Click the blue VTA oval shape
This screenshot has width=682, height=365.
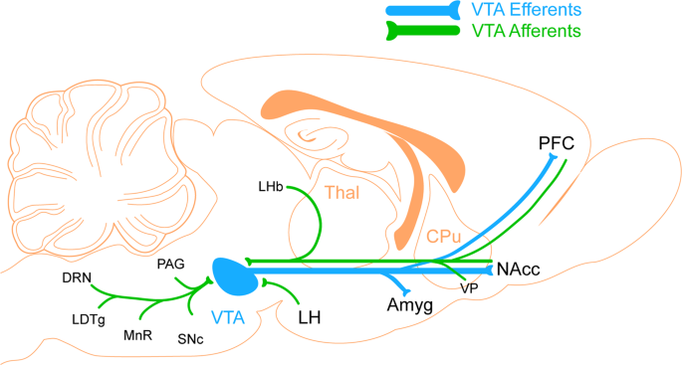point(236,276)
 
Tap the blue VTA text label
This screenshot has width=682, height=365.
point(228,318)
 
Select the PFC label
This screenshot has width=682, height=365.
point(557,143)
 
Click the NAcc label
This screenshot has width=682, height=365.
point(518,270)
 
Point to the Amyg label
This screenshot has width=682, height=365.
point(410,306)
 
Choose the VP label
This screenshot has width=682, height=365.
point(469,288)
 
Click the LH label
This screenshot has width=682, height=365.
point(310,318)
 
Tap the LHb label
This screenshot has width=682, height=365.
point(271,187)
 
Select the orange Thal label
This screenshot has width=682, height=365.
point(342,193)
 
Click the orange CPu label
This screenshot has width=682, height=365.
point(443,237)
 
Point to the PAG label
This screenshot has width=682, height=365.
point(171,264)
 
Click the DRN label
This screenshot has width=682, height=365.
point(77,277)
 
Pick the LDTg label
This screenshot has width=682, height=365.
point(89,320)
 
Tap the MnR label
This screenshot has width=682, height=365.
point(137,335)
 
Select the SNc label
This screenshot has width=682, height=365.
point(190,339)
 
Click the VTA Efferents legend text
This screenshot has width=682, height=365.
point(527,10)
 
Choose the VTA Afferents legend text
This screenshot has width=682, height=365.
point(527,31)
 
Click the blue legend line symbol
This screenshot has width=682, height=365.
point(423,10)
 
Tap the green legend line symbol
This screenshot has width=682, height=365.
point(423,31)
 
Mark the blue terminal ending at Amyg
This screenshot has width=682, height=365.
point(407,292)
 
